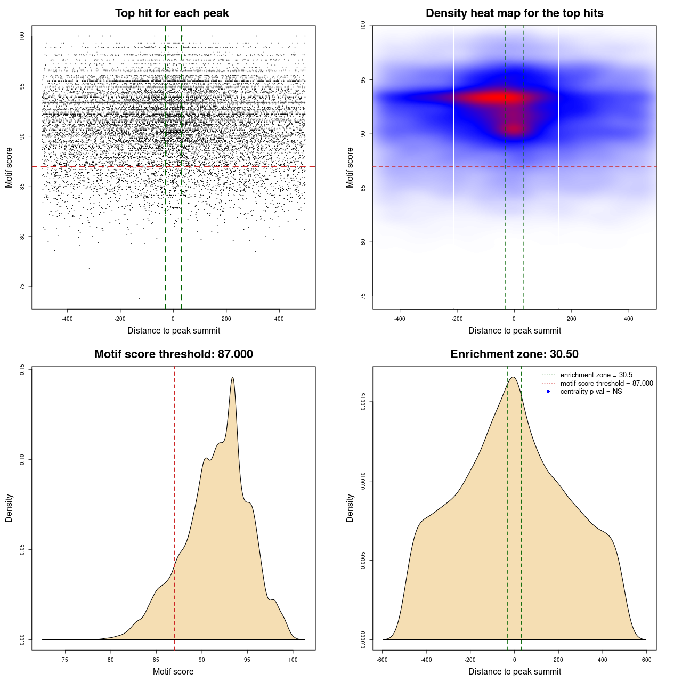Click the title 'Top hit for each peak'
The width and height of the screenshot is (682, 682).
click(172, 13)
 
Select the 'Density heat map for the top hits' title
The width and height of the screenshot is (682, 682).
click(514, 13)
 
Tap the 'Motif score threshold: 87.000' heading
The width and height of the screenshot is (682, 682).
click(173, 354)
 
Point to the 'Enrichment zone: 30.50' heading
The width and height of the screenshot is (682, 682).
click(514, 354)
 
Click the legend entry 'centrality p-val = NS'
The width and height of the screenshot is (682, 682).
click(591, 392)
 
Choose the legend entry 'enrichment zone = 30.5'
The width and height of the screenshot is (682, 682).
click(596, 375)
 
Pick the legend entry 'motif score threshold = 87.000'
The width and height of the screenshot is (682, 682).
click(606, 384)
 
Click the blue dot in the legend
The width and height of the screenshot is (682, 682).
click(548, 392)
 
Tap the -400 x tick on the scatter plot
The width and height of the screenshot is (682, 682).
click(67, 319)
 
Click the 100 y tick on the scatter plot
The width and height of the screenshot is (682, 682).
click(22, 36)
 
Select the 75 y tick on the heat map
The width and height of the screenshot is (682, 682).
click(363, 296)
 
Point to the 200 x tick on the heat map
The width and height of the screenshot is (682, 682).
click(572, 319)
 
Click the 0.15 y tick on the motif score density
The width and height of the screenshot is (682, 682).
click(22, 369)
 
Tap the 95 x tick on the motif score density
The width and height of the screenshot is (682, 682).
click(247, 660)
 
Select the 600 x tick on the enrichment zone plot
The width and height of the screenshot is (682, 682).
click(646, 660)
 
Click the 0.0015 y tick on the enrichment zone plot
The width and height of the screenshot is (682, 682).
click(363, 402)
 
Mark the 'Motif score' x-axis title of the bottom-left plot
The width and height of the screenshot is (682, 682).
click(173, 671)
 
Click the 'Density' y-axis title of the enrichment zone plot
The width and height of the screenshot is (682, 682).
click(350, 508)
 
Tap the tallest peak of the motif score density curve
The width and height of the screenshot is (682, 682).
click(232, 377)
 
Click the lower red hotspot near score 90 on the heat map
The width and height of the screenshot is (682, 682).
click(514, 128)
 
